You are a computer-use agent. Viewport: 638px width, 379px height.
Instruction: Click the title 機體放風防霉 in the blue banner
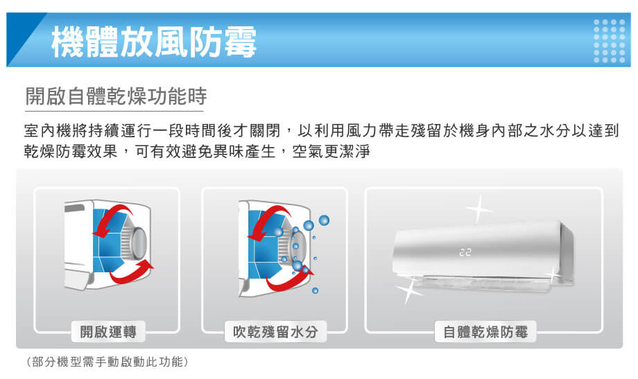(153, 40)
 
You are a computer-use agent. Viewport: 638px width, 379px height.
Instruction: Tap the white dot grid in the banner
(610, 40)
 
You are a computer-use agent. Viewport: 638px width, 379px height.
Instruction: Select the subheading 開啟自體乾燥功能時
(115, 96)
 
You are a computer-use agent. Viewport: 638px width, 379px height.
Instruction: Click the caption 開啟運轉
(107, 332)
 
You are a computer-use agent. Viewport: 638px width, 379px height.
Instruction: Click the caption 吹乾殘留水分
(275, 332)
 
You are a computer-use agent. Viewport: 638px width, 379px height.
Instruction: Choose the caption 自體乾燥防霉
(485, 332)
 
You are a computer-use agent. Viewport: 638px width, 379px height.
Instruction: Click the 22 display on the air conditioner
(465, 254)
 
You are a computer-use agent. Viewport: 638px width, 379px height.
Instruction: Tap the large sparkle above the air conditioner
(478, 207)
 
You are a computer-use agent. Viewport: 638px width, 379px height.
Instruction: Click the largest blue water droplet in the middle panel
(308, 224)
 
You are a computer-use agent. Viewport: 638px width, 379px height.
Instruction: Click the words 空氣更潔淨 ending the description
(341, 150)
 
